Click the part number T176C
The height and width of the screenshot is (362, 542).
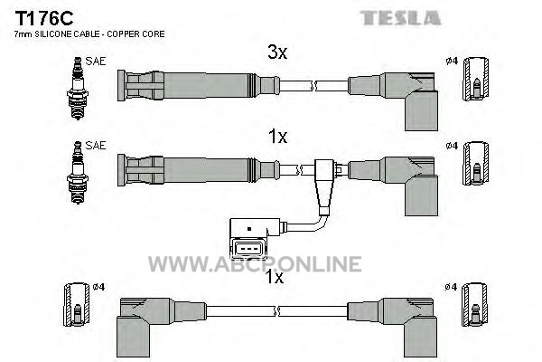click(x=44, y=18)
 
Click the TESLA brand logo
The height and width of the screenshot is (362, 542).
click(x=400, y=18)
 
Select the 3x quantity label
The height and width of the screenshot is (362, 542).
click(x=277, y=52)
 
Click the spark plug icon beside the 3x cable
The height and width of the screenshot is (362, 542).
click(x=78, y=89)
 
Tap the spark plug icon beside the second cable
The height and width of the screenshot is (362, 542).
click(x=78, y=173)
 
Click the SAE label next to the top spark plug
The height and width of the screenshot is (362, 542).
click(x=96, y=62)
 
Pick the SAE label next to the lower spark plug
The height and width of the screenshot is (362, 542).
click(x=96, y=146)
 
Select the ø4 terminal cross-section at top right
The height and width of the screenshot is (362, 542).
click(x=476, y=80)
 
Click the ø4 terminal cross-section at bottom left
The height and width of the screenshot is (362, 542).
click(x=77, y=305)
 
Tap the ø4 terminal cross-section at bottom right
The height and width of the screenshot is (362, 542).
click(x=475, y=305)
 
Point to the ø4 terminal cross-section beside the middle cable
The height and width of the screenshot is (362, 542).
click(x=476, y=164)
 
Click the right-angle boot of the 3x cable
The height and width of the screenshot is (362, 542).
click(x=409, y=101)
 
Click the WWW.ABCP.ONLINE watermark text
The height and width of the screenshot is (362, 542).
click(x=255, y=264)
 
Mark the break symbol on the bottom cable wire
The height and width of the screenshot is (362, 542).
click(x=276, y=311)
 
